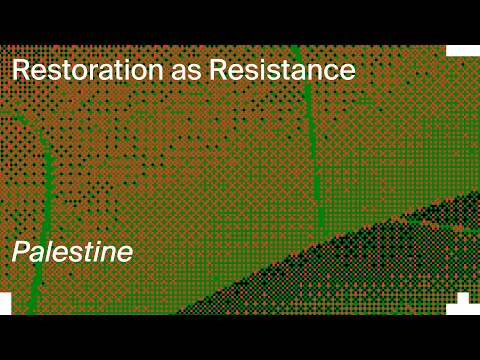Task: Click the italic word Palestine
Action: (72, 252)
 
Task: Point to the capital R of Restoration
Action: (19, 70)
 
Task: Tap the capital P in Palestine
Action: (21, 252)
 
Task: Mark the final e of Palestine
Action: (124, 254)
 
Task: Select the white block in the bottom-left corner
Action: (5, 303)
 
